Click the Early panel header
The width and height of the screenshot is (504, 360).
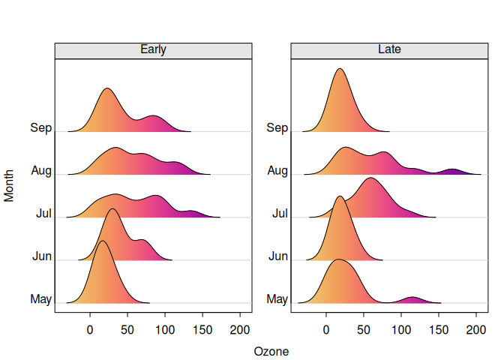coord(153,50)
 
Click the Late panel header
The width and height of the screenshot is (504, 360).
coord(389,50)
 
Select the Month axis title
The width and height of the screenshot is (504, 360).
coord(10,183)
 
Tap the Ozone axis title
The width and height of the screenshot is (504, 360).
coord(271,351)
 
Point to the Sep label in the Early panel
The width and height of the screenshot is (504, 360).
coord(40,127)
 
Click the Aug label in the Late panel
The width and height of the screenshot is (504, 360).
coord(277,171)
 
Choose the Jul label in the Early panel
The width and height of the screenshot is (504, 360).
coord(43,214)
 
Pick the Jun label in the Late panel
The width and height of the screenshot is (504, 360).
coord(277,256)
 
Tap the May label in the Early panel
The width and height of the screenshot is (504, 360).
coord(40,300)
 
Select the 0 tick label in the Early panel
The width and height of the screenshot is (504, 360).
coord(90,329)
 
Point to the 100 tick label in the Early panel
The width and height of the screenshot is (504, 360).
coord(165,329)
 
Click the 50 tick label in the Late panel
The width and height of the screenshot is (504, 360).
coord(364,329)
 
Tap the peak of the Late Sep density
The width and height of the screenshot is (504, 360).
coord(340,70)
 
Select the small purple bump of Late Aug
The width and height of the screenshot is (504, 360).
coord(453,172)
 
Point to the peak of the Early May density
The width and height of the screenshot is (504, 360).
coord(102,241)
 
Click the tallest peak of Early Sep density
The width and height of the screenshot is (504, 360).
coord(107,89)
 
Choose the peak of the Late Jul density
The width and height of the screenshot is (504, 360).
coord(370,179)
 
